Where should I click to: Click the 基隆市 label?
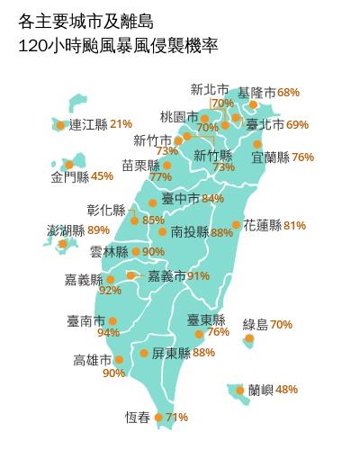click(x=256, y=93)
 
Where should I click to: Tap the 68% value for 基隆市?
click(x=288, y=93)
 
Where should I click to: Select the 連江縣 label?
click(x=88, y=123)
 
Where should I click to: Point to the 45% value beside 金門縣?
click(x=103, y=176)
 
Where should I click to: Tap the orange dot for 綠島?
click(x=249, y=338)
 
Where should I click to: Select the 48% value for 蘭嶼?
click(x=287, y=390)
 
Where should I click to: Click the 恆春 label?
click(x=138, y=417)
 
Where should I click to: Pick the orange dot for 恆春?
click(x=159, y=417)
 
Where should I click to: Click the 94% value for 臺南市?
click(x=108, y=333)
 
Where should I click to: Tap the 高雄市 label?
click(x=93, y=360)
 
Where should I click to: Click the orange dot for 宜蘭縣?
click(x=257, y=143)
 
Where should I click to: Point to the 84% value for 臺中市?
click(x=213, y=198)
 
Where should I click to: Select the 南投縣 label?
click(x=189, y=231)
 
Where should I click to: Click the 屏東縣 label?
click(x=170, y=353)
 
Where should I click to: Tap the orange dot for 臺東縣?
click(x=200, y=334)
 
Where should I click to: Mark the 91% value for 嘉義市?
click(x=199, y=275)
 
